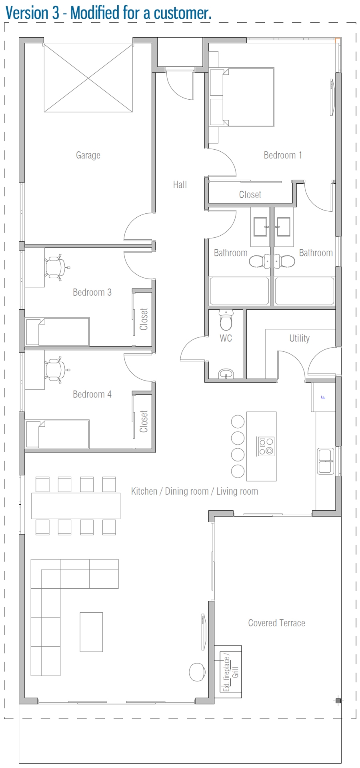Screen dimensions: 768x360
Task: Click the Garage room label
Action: click(x=88, y=155)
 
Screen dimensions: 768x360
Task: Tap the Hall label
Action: click(x=180, y=184)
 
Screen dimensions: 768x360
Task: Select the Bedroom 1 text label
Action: click(x=282, y=155)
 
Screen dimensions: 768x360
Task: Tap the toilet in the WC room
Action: click(x=226, y=321)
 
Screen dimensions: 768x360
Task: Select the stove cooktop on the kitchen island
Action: click(x=266, y=446)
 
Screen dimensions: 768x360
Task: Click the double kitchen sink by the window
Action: click(x=326, y=461)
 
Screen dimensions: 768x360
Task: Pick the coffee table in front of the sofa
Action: click(x=91, y=632)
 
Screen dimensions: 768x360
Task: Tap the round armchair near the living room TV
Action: click(x=197, y=672)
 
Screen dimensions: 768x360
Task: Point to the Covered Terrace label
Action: click(x=276, y=623)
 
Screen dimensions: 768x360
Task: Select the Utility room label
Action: click(x=299, y=338)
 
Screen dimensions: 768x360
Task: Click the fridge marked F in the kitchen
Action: click(x=323, y=397)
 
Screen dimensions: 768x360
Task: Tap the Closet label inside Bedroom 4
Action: click(x=144, y=421)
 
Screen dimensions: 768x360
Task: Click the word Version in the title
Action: click(x=26, y=13)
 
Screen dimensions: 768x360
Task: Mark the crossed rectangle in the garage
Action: click(x=88, y=78)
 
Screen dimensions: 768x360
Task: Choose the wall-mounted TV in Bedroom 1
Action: click(x=332, y=97)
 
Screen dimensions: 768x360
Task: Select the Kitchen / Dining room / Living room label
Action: click(x=194, y=491)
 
